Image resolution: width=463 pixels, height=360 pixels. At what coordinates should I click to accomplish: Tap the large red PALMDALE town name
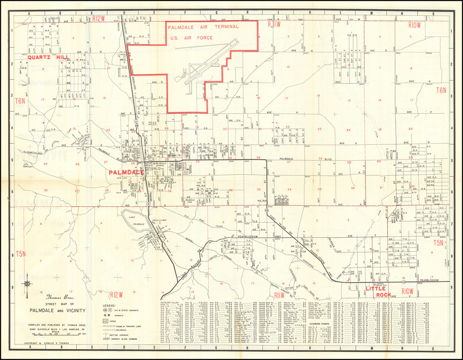click(x=126, y=173)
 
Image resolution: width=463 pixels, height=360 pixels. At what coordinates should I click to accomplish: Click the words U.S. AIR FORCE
click(x=191, y=38)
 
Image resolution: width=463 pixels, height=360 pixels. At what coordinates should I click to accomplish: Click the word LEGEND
click(x=110, y=305)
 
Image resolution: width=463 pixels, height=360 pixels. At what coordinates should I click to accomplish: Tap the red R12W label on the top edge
click(x=98, y=19)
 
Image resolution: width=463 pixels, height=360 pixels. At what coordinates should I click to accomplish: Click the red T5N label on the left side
click(x=20, y=253)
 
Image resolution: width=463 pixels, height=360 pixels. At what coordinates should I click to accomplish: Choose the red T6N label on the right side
click(x=441, y=90)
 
